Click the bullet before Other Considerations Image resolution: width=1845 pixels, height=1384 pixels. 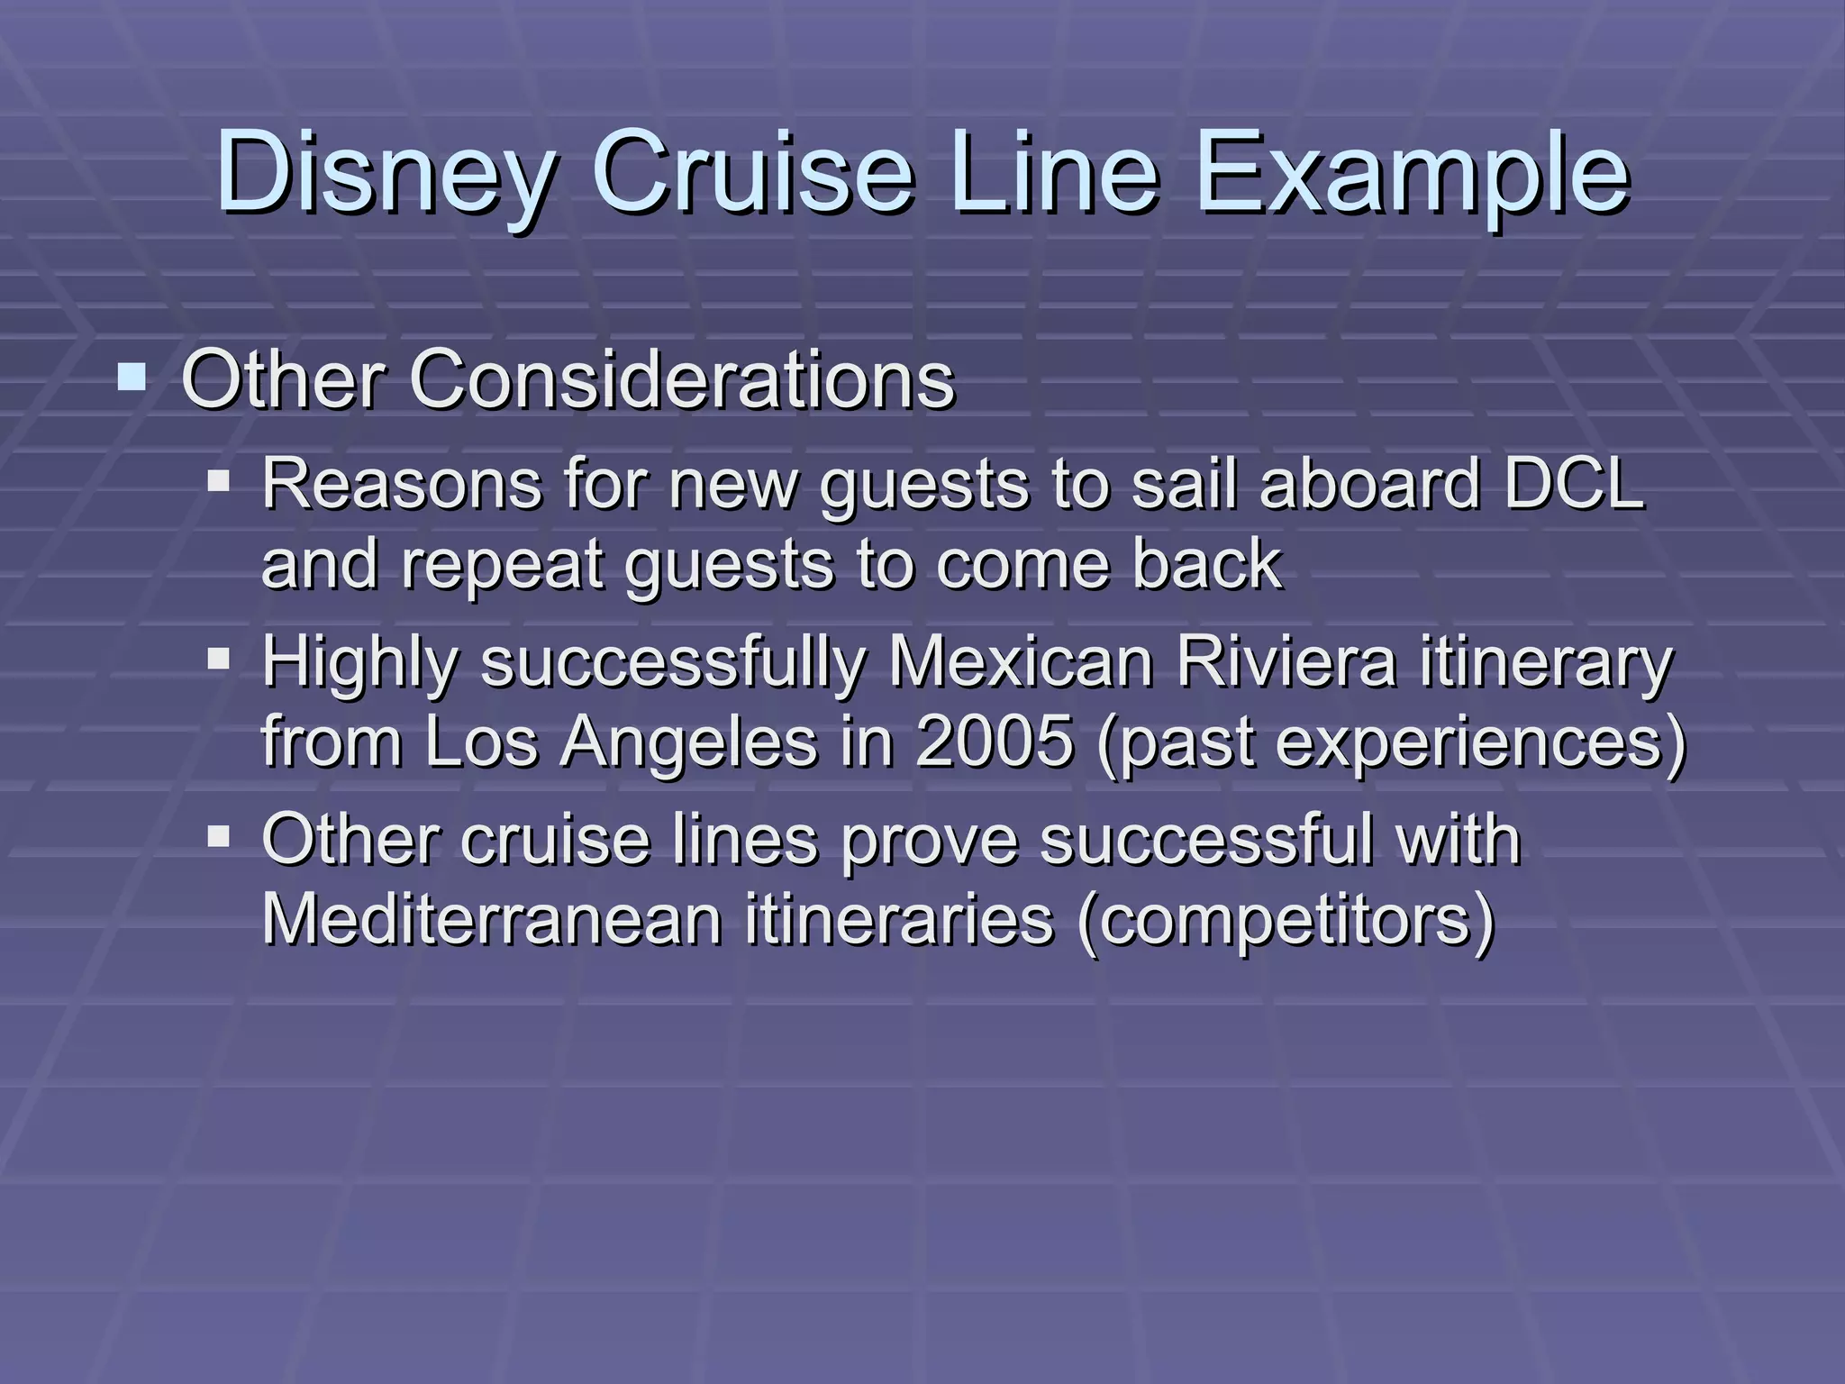132,376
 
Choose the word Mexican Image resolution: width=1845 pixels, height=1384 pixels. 1021,662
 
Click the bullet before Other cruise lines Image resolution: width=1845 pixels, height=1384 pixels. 219,836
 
